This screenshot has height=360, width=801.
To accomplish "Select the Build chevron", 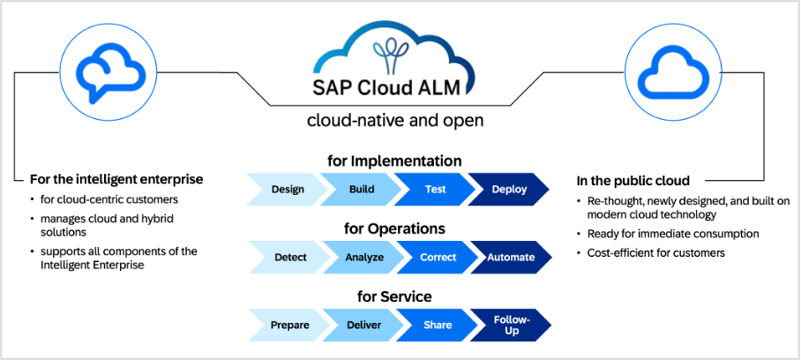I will [361, 189].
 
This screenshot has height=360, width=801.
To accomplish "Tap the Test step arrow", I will [434, 189].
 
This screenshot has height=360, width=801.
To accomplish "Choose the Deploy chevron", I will [509, 189].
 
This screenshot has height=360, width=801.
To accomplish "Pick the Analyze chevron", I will [363, 257].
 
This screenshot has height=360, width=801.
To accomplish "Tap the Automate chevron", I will [511, 257].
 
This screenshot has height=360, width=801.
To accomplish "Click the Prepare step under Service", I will [289, 325].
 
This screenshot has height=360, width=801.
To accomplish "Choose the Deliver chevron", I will [363, 325].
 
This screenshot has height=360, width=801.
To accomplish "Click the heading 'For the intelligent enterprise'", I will [116, 178].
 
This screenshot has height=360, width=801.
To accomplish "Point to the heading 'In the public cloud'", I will [633, 180].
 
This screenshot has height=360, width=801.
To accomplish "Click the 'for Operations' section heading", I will [394, 229].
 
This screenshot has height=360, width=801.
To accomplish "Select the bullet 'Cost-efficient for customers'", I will [656, 253].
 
